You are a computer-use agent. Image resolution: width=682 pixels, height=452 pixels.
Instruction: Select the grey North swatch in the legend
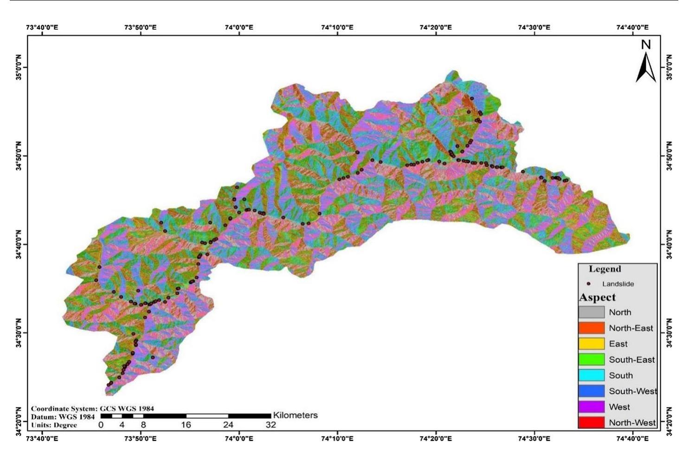tap(592, 312)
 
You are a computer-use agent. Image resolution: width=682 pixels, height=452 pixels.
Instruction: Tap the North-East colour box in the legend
tap(592, 328)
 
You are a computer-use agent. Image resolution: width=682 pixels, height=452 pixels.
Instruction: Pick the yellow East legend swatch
tap(592, 344)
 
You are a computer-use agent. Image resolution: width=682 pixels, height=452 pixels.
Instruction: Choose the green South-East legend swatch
tap(592, 360)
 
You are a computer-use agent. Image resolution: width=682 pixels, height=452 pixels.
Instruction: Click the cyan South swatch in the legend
tap(592, 375)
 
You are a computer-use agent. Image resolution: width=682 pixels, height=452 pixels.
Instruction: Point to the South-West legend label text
tap(633, 391)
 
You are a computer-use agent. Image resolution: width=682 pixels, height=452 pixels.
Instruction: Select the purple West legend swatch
tap(592, 407)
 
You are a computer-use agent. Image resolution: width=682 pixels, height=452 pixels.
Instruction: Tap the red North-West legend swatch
tap(592, 423)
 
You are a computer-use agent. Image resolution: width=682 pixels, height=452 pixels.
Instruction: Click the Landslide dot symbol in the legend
tap(589, 284)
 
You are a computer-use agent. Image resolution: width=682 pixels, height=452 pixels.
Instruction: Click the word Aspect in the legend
tap(598, 297)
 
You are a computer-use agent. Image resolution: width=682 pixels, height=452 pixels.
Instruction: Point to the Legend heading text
tap(605, 269)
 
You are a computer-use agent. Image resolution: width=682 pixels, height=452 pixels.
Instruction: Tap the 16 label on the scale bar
tap(186, 425)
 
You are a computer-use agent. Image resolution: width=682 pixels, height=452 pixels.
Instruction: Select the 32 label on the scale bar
tap(270, 425)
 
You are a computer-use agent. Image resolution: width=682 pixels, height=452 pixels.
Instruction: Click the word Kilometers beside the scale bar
tap(295, 415)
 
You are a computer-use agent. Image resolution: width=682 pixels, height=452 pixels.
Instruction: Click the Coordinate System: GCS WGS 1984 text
tap(92, 409)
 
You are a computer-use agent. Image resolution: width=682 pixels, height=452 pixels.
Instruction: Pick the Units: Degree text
tap(54, 425)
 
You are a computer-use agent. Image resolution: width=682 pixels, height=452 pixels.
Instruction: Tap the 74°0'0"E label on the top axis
tap(239, 27)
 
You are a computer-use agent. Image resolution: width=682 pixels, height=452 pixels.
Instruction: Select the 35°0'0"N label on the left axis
tap(19, 67)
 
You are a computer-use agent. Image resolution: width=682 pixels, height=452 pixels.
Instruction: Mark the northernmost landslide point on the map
tap(472, 98)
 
